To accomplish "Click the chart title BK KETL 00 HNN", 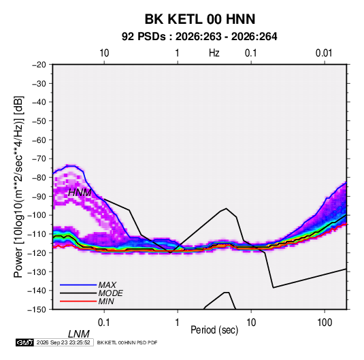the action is (x=200, y=19).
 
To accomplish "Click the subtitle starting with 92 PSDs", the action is (x=199, y=37).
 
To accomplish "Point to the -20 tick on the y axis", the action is (x=39, y=65).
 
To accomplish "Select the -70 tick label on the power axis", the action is (x=39, y=159).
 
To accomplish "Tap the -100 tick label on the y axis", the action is (x=37, y=215).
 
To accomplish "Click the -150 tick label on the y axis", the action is (x=37, y=310).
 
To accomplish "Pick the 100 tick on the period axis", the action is (x=325, y=323).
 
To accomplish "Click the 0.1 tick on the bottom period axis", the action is (x=103, y=323).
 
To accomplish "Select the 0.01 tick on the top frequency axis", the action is (x=324, y=53).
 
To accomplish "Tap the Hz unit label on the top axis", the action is (x=214, y=53).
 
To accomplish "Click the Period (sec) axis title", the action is (x=214, y=330).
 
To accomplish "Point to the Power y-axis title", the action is (x=18, y=187).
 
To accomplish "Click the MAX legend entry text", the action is (x=107, y=284).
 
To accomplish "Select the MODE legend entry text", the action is (x=110, y=293).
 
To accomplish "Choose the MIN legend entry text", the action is (x=106, y=301).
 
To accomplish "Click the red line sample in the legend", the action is (x=78, y=301).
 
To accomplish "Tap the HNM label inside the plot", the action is (x=80, y=193).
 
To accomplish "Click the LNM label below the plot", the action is (x=78, y=334).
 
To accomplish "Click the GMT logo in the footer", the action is (x=25, y=342).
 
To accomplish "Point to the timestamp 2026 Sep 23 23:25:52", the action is (x=63, y=342).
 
